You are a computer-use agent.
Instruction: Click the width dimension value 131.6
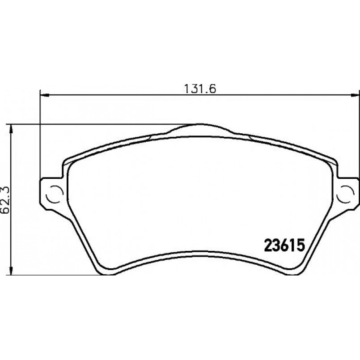tap(200, 88)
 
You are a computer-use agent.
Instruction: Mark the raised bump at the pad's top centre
tap(200, 127)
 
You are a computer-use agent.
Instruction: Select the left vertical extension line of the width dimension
tap(40, 134)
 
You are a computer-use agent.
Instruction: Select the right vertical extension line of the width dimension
tap(359, 134)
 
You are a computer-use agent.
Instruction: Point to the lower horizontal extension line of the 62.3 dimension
tap(54, 275)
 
